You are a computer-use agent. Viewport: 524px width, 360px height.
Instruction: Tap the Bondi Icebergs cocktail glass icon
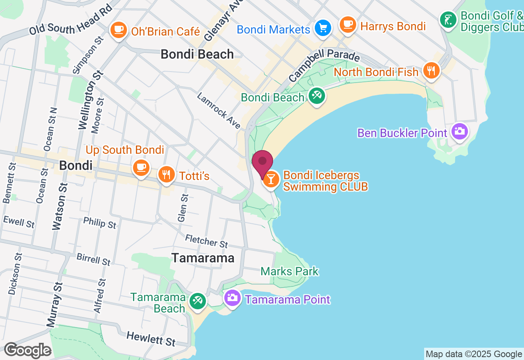(x=271, y=180)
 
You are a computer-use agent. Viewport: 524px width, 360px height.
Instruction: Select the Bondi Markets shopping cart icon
(x=323, y=28)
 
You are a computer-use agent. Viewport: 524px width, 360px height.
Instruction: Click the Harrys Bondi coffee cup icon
(x=348, y=25)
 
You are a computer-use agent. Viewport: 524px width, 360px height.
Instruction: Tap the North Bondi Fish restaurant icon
(x=431, y=70)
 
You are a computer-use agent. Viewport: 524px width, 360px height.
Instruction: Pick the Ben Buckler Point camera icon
(x=460, y=131)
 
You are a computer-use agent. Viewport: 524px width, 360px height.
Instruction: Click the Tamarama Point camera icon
(x=232, y=298)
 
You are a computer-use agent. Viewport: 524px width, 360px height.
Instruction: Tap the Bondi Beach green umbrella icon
(x=316, y=96)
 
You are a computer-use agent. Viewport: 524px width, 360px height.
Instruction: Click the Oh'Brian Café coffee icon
(x=119, y=30)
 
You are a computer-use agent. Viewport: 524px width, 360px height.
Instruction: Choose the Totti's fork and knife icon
(x=166, y=175)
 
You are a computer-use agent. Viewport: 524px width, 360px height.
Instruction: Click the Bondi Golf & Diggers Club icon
(x=448, y=20)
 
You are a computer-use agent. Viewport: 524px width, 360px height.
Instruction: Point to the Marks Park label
(x=289, y=271)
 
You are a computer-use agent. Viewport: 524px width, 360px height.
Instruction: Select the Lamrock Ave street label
(x=219, y=111)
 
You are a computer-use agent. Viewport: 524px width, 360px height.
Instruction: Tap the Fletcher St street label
(x=206, y=241)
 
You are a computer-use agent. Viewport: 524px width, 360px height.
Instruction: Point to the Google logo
(x=27, y=351)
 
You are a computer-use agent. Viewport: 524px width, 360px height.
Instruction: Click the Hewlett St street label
(x=151, y=338)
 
